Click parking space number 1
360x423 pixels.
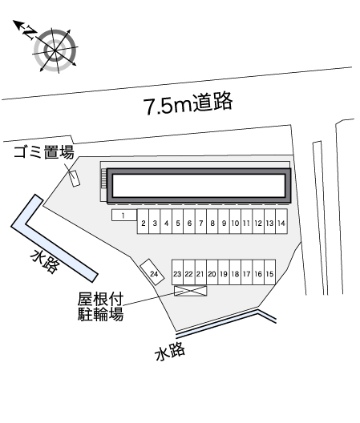124,215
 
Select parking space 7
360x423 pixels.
200,221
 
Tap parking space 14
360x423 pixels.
281,221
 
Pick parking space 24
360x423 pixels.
152,272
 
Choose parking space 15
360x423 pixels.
269,272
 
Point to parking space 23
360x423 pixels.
178,272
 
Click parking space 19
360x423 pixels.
224,272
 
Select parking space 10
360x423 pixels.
235,221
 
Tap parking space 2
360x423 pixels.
144,221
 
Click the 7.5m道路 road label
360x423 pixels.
188,103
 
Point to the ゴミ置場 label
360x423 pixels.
44,152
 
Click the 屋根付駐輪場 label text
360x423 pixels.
100,307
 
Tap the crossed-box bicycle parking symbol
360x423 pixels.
191,291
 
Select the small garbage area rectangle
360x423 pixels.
74,179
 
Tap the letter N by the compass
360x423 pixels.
30,32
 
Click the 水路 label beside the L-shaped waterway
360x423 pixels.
45,261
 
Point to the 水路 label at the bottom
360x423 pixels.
170,351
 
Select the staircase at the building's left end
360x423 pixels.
103,179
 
